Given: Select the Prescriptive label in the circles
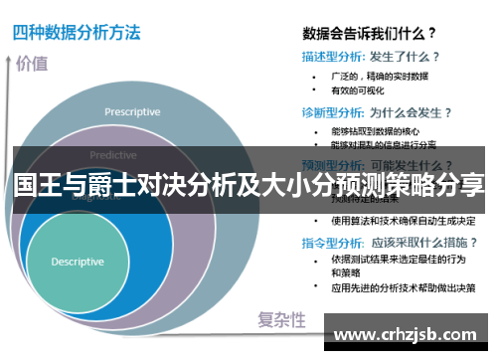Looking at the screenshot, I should (132, 111).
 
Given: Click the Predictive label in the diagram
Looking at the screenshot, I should (113, 155).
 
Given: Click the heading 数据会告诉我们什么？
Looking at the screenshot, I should (371, 31).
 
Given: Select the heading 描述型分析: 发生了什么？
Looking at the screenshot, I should (371, 57).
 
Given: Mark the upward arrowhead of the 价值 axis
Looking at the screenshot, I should (13, 51).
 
